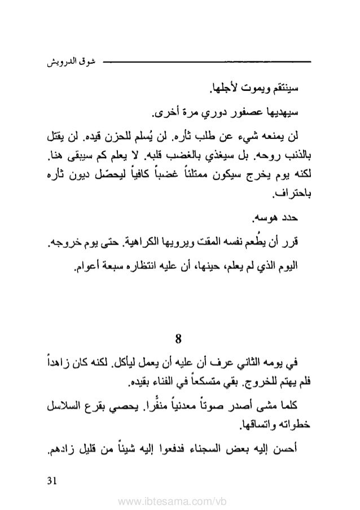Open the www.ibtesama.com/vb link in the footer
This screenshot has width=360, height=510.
tap(179, 499)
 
